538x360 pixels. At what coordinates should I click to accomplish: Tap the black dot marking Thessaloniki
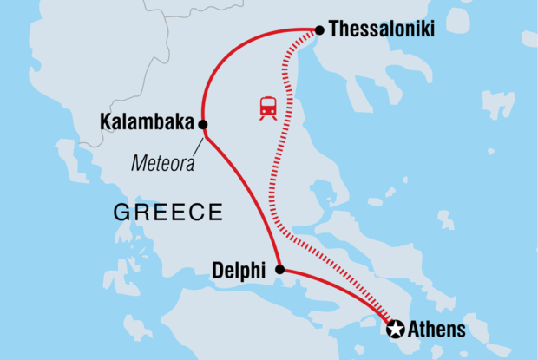point(319,30)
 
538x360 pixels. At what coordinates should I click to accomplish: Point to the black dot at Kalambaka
point(202,124)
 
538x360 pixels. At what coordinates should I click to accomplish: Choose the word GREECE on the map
point(168,212)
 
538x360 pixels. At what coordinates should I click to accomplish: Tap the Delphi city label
point(238,272)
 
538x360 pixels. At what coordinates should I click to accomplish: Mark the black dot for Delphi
point(279,270)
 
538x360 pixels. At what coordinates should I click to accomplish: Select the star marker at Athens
point(395,329)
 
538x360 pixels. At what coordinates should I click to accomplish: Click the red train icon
point(268,108)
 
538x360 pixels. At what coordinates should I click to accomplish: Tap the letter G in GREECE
point(121,212)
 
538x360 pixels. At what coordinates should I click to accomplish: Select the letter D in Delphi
point(217,272)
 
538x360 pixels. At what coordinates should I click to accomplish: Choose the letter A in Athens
point(414,330)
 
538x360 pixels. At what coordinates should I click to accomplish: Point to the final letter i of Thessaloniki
point(431,29)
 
